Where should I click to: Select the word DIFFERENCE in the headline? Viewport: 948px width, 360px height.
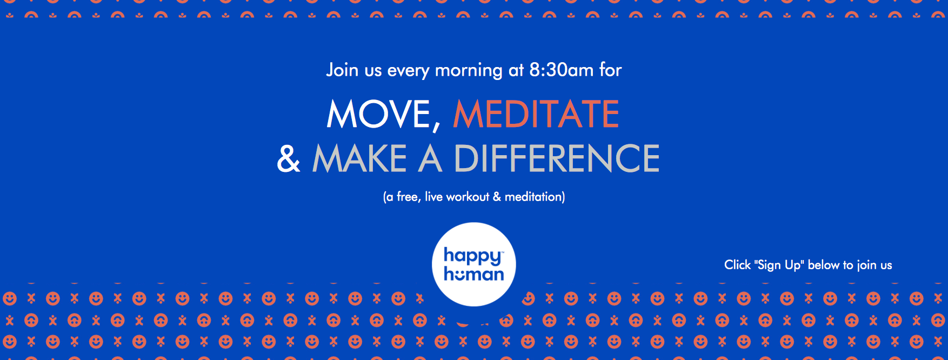pyautogui.click(x=557, y=158)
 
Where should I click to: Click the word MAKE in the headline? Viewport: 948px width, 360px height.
pyautogui.click(x=359, y=158)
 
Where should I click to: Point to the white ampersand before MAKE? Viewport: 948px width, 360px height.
pyautogui.click(x=289, y=158)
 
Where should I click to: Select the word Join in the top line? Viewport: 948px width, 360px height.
pyautogui.click(x=342, y=70)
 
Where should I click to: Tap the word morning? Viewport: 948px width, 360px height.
pyautogui.click(x=469, y=71)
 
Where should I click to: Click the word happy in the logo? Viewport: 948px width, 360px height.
pyautogui.click(x=473, y=256)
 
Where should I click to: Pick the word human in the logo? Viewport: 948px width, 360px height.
pyautogui.click(x=474, y=274)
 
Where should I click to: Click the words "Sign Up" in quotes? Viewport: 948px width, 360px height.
pyautogui.click(x=779, y=265)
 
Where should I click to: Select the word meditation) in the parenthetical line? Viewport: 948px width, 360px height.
pyautogui.click(x=535, y=197)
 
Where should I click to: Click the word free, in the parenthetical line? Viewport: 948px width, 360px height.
pyautogui.click(x=409, y=197)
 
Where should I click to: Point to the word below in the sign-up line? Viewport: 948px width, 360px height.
pyautogui.click(x=824, y=265)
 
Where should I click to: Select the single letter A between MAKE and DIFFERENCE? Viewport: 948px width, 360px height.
pyautogui.click(x=430, y=158)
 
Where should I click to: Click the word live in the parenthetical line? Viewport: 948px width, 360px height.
pyautogui.click(x=433, y=196)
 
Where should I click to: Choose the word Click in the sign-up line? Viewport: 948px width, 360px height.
pyautogui.click(x=737, y=265)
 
